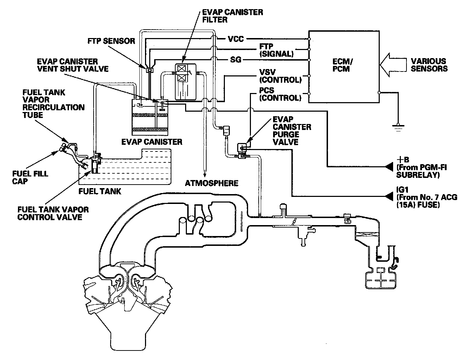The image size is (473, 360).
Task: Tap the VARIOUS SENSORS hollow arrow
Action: (393, 65)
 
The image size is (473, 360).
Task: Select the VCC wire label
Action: (236, 39)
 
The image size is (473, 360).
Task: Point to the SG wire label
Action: (235, 60)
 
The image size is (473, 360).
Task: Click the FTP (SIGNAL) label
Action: (276, 50)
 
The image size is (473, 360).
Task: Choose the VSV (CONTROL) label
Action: (280, 76)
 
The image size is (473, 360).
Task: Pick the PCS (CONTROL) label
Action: (280, 94)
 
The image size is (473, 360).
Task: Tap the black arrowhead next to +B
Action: (389, 167)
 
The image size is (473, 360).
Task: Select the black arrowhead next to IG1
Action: (389, 196)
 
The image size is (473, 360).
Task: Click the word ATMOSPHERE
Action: (212, 183)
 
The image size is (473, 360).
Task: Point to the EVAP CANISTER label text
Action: (152, 142)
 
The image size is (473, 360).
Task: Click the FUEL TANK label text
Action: (100, 191)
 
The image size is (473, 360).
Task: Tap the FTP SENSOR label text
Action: (111, 41)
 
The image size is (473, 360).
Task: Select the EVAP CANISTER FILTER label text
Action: (233, 16)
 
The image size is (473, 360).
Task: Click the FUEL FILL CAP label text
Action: (30, 178)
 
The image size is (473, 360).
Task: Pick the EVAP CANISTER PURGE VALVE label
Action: (292, 131)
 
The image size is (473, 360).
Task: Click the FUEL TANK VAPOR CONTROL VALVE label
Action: (53, 213)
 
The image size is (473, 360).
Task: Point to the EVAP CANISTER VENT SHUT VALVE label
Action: (73, 65)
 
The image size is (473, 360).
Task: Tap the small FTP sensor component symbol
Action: (150, 70)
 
